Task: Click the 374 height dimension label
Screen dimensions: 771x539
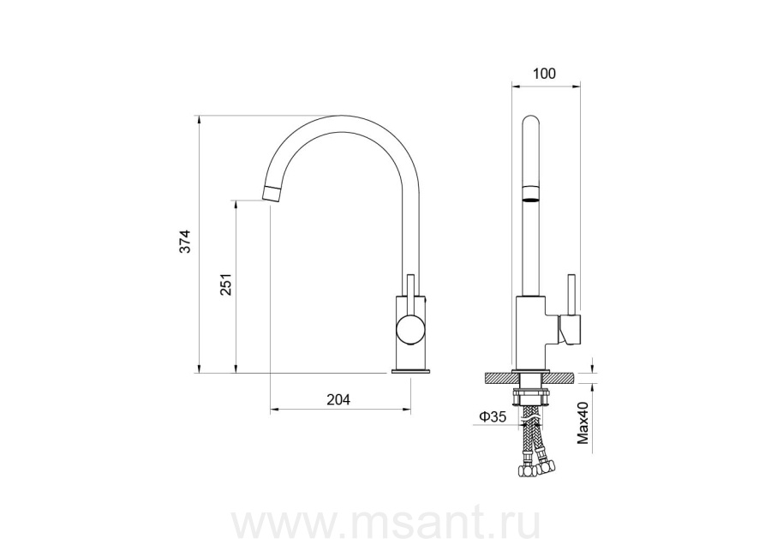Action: coord(184,241)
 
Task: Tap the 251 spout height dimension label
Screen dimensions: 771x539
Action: coord(225,284)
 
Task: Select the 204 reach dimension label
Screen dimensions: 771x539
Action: coord(338,400)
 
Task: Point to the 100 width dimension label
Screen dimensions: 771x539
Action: coord(544,74)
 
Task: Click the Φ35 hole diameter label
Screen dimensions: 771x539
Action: coord(493,417)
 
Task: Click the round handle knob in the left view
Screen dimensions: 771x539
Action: coord(411,330)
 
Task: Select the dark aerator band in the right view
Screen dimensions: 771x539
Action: coord(530,200)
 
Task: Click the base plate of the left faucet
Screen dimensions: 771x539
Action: coord(411,371)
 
